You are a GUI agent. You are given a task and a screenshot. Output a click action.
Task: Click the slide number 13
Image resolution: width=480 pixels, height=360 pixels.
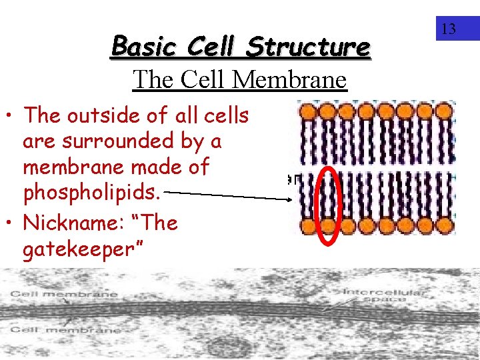449,29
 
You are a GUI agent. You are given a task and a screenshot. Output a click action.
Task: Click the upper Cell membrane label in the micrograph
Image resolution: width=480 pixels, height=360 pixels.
63,294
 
